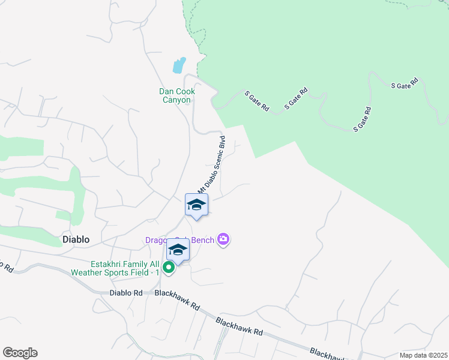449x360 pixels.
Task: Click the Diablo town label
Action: pyautogui.click(x=76, y=239)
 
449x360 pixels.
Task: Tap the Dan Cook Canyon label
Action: pyautogui.click(x=181, y=95)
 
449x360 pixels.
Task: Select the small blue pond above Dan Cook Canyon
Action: pyautogui.click(x=179, y=65)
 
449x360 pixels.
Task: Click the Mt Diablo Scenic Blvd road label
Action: pyautogui.click(x=211, y=164)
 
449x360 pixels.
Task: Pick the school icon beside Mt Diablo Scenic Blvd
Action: pyautogui.click(x=196, y=205)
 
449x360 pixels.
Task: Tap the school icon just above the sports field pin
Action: pyautogui.click(x=178, y=249)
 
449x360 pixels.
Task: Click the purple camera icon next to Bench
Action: pyautogui.click(x=223, y=240)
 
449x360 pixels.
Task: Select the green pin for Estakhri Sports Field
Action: pyautogui.click(x=169, y=268)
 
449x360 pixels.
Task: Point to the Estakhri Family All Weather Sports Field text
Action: pyautogui.click(x=125, y=268)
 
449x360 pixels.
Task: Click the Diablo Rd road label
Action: pyautogui.click(x=126, y=293)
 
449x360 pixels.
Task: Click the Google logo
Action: pyautogui.click(x=20, y=353)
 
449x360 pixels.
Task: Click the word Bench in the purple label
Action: pyautogui.click(x=203, y=240)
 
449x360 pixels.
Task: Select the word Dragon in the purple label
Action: pyautogui.click(x=157, y=240)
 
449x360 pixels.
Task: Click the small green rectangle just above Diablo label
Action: pyautogui.click(x=63, y=215)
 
